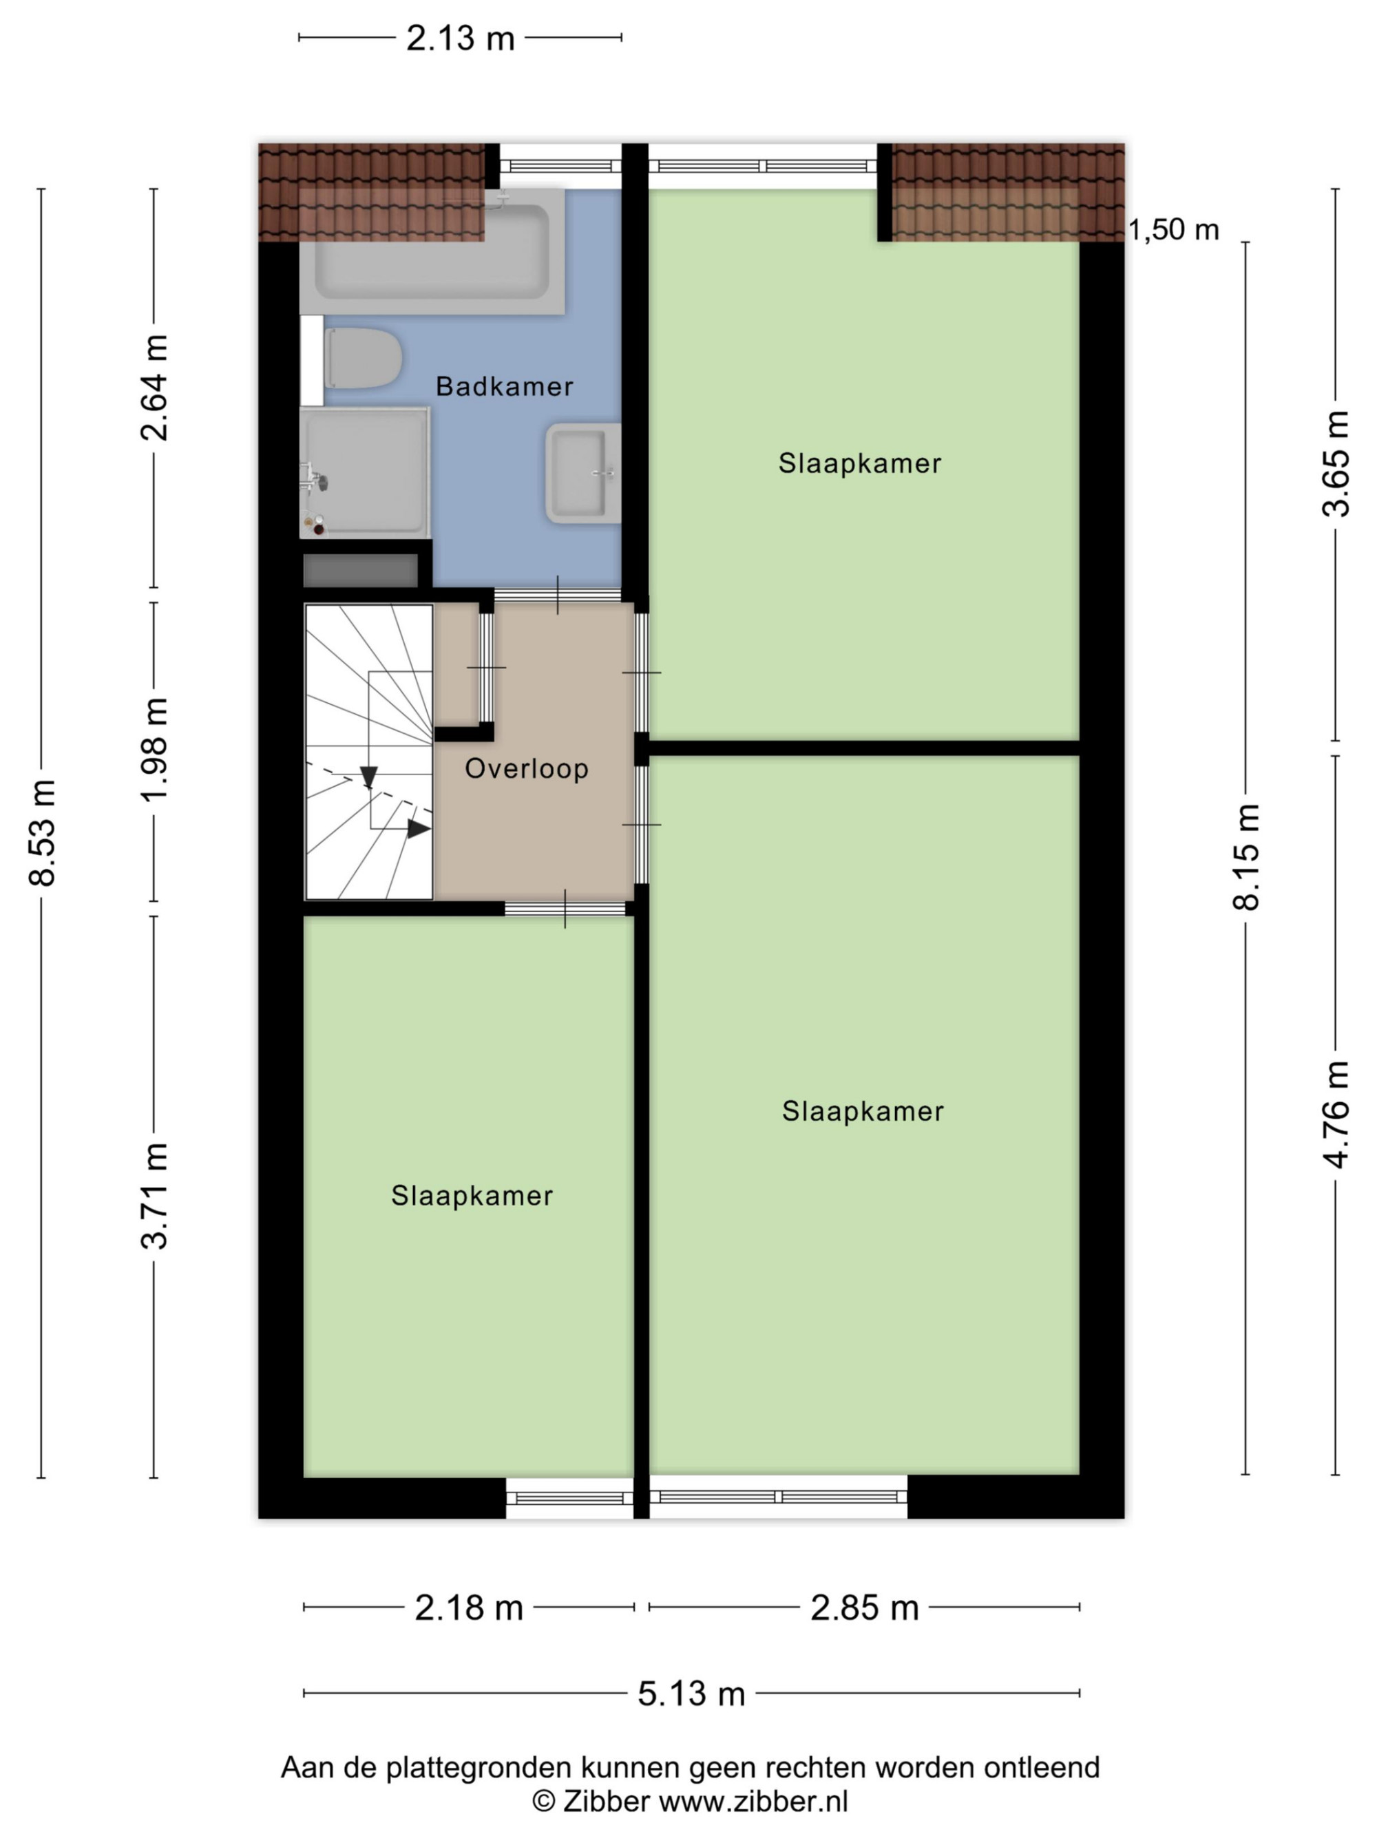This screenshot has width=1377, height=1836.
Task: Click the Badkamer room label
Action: (x=504, y=386)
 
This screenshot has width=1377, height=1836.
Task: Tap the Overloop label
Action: (x=526, y=768)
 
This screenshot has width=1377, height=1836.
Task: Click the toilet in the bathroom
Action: (x=362, y=359)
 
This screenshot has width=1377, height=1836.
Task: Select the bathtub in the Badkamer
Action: (x=432, y=251)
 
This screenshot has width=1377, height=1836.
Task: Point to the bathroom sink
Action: (x=582, y=473)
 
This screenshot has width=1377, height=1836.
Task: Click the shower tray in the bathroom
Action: (x=365, y=472)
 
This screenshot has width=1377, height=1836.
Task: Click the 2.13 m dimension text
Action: (x=460, y=38)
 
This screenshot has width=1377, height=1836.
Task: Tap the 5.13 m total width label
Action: (x=691, y=1693)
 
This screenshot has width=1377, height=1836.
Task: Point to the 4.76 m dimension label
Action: (x=1336, y=1115)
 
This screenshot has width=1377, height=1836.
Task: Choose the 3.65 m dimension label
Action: (x=1336, y=463)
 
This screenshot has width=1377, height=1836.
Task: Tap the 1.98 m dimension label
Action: (x=154, y=750)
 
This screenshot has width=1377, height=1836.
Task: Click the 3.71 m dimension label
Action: (x=154, y=1196)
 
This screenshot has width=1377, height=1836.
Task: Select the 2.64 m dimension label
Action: (x=154, y=387)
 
